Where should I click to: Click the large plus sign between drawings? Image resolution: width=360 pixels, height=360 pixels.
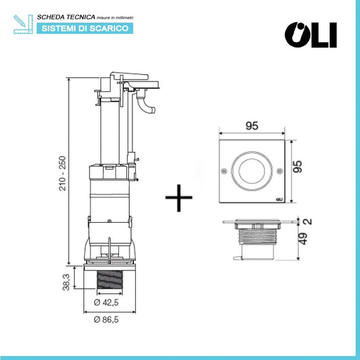[179, 198]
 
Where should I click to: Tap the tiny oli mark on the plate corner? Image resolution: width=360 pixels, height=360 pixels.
[278, 200]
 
